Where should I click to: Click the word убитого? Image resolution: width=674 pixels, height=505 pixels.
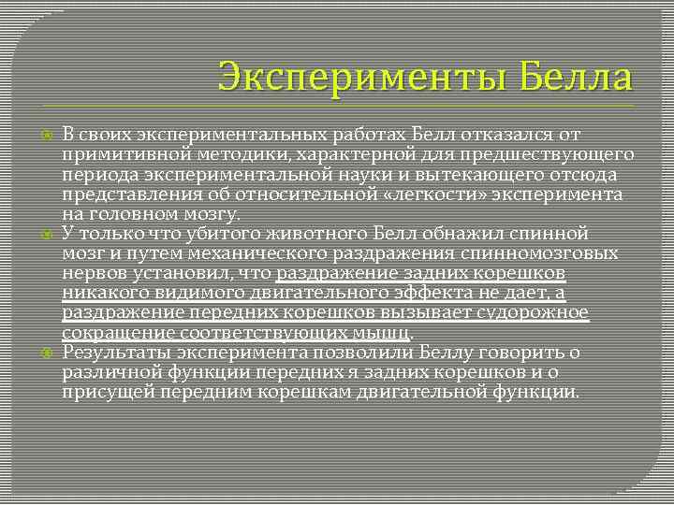209,232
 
